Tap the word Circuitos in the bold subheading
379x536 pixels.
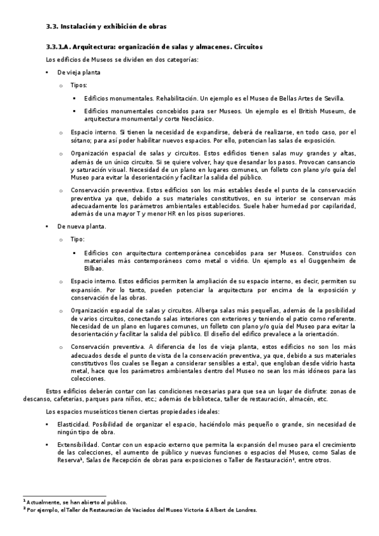point(244,47)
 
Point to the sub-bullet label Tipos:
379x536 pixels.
point(78,85)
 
